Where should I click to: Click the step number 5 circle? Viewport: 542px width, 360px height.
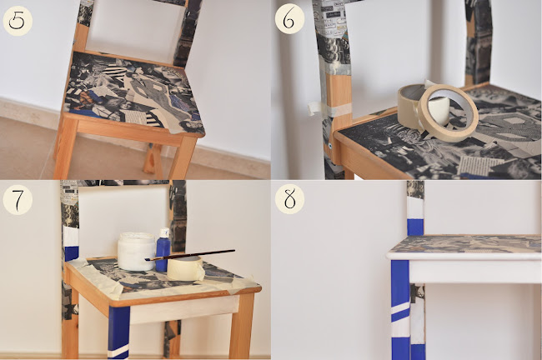pos(18,21)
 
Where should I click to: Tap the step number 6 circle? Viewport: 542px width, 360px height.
pos(289,19)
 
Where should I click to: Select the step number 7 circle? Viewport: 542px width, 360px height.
pos(18,200)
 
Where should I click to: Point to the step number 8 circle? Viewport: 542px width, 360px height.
pos(289,199)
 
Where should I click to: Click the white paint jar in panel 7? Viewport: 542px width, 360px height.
pos(136,251)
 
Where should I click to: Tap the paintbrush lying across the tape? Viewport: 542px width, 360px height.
pos(190,255)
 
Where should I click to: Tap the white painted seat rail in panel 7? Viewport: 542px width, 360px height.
pos(184,309)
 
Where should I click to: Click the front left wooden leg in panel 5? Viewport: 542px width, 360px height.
pos(66,147)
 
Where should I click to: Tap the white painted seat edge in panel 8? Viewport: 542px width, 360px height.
pos(464,256)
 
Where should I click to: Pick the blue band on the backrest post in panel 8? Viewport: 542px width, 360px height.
pos(415,227)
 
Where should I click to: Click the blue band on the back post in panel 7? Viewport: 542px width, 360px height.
pos(72,253)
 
